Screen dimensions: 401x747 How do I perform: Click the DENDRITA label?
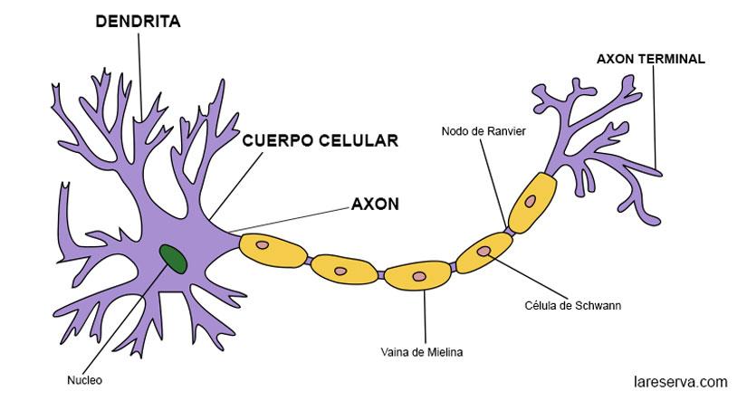pyautogui.click(x=138, y=22)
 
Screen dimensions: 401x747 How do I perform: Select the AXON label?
pyautogui.click(x=374, y=204)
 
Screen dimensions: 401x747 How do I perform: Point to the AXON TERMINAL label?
pyautogui.click(x=650, y=59)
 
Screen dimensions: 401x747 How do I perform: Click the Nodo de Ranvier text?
pyautogui.click(x=484, y=131)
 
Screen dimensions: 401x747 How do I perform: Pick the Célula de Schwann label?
pyautogui.click(x=572, y=305)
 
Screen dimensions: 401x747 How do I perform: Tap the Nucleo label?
pyautogui.click(x=84, y=380)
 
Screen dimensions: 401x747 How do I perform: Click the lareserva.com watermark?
pyautogui.click(x=680, y=381)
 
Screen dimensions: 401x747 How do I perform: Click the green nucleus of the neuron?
pyautogui.click(x=174, y=259)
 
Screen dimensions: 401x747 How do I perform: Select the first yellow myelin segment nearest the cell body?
pyautogui.click(x=271, y=249)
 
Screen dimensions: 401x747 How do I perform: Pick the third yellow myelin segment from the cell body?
pyautogui.click(x=418, y=277)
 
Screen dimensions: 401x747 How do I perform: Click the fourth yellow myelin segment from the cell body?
pyautogui.click(x=484, y=253)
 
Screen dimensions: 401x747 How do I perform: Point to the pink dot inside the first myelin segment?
pyautogui.click(x=262, y=244)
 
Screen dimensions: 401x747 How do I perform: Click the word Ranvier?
pyautogui.click(x=507, y=131)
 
